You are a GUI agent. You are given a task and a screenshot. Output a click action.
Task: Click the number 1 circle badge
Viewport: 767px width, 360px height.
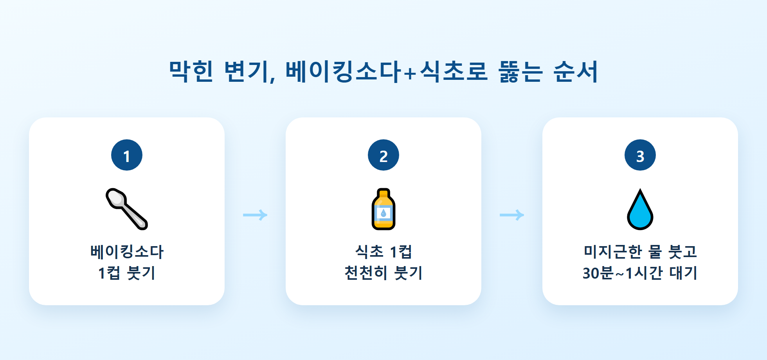point(127,155)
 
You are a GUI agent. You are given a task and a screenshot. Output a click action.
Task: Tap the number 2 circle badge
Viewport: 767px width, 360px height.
point(383,155)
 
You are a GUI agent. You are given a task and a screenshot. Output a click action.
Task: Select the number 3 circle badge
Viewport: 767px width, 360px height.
point(640,155)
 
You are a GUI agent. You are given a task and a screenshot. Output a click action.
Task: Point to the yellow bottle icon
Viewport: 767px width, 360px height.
point(383,209)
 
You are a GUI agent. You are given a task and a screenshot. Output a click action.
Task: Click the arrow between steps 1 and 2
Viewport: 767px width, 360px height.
point(255,215)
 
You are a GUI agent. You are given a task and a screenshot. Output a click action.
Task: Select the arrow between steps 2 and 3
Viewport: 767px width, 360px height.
point(512,215)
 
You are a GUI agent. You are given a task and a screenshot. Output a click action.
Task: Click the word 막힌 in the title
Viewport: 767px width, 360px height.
point(191,71)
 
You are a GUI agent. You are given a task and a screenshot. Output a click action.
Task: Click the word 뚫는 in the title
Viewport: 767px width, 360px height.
point(521,71)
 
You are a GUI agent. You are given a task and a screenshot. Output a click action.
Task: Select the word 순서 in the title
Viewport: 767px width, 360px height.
point(576,71)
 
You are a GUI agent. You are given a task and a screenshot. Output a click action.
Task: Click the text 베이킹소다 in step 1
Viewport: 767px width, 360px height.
point(127,251)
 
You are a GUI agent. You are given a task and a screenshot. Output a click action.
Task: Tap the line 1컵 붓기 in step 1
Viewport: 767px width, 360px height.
point(127,273)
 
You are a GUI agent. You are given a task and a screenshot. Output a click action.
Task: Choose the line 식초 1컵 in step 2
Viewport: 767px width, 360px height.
point(383,251)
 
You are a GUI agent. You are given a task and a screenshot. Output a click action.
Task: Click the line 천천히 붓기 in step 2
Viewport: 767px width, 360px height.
point(383,273)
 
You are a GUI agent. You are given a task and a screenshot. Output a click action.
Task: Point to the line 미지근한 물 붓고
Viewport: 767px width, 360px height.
point(640,251)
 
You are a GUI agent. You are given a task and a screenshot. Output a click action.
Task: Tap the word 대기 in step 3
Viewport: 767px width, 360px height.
point(684,273)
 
